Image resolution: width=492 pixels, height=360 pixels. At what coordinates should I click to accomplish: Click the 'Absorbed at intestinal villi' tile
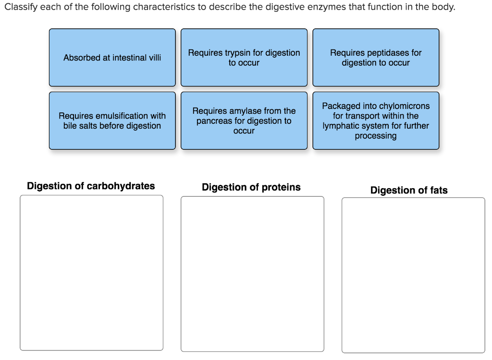(x=112, y=58)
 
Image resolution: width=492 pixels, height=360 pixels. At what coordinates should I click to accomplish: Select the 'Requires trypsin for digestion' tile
(x=244, y=58)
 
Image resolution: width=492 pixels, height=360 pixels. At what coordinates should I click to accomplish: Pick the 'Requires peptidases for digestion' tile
(x=376, y=58)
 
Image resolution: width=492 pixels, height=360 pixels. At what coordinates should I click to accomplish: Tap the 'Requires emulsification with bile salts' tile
(x=112, y=120)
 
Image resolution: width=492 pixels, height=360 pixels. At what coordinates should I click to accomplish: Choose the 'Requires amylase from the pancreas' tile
(x=244, y=120)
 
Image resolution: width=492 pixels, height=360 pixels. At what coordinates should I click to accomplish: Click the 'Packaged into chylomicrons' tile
(x=376, y=120)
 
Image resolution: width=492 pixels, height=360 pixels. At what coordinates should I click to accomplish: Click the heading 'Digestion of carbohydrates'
(x=91, y=186)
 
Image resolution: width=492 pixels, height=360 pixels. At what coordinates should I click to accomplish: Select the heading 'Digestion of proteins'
(x=251, y=187)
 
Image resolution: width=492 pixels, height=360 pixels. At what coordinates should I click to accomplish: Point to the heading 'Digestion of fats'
(x=409, y=191)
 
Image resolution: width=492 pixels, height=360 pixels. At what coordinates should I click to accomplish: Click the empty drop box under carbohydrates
(x=91, y=273)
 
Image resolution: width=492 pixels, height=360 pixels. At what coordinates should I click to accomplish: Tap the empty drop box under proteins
(x=252, y=274)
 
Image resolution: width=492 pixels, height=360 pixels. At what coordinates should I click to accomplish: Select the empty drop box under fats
(x=413, y=275)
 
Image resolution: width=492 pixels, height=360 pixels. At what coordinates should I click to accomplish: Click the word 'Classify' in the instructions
(x=20, y=8)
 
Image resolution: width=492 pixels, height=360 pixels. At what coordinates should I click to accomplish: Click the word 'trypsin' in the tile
(x=239, y=53)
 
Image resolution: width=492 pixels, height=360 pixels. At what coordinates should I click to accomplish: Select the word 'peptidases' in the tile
(x=387, y=53)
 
